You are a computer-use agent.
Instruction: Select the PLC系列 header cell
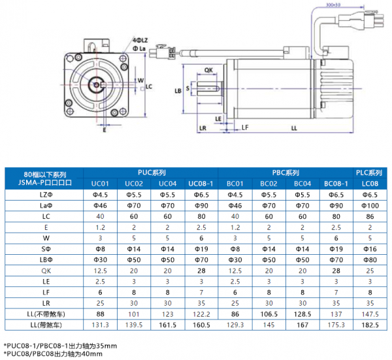tap(368, 172)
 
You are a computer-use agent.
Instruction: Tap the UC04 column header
tap(168, 184)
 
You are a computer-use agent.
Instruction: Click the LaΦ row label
tap(44, 205)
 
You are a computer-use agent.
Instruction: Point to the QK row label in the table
tap(44, 269)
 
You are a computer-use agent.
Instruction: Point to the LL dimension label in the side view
tap(295, 129)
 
